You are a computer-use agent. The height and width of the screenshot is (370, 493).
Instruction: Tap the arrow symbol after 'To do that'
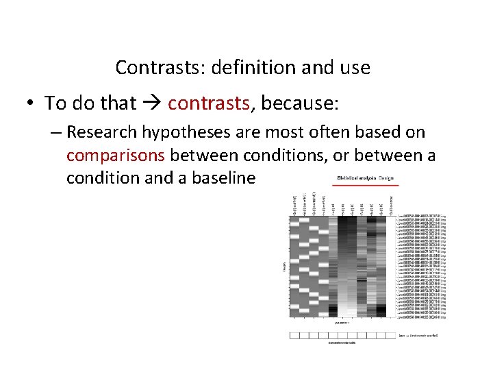pos(152,103)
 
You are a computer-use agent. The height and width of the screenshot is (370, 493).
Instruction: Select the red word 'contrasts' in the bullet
pos(208,103)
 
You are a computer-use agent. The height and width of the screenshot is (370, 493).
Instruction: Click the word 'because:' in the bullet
pos(301,103)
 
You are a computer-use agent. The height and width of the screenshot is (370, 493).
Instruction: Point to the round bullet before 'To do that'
pos(31,104)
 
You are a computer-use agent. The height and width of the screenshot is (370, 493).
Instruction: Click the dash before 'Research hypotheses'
pos(56,132)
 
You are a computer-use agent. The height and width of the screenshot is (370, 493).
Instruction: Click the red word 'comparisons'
pos(116,155)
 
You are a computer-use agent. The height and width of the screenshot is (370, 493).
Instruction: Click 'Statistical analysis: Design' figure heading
pos(365,178)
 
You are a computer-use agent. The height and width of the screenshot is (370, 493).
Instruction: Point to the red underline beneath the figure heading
pos(365,185)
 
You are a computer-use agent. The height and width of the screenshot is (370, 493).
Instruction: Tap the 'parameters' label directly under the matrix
pos(343,322)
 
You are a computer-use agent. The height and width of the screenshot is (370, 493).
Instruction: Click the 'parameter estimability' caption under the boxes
pos(343,342)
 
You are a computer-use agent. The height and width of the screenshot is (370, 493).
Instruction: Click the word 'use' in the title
pos(355,68)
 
